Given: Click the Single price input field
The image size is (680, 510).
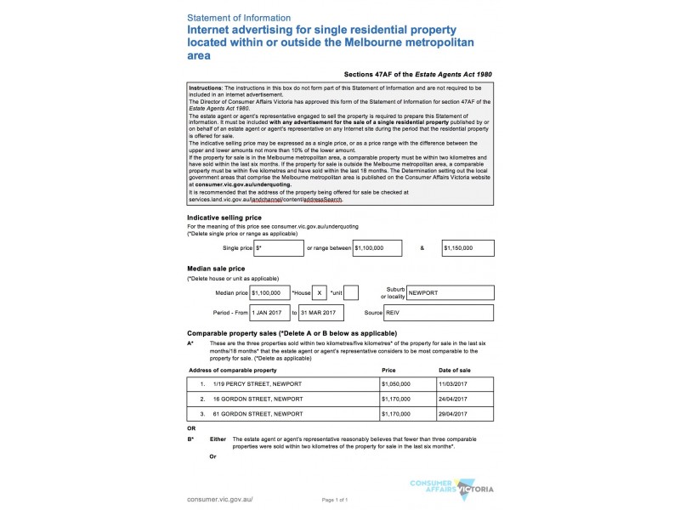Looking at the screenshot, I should pyautogui.click(x=279, y=248).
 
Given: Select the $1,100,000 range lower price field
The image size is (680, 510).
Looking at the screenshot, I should pyautogui.click(x=379, y=248).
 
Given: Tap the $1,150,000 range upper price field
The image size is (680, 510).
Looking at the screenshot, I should pyautogui.click(x=468, y=248).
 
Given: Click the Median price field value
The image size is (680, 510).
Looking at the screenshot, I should pyautogui.click(x=269, y=292).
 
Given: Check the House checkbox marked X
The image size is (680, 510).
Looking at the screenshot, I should pyautogui.click(x=319, y=292).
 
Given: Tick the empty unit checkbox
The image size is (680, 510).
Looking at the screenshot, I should pyautogui.click(x=351, y=292).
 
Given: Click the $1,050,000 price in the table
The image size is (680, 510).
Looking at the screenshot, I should pyautogui.click(x=396, y=383).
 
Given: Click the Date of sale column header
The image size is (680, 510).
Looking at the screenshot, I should pyautogui.click(x=454, y=371).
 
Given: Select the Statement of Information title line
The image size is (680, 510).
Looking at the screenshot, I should pyautogui.click(x=239, y=17).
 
